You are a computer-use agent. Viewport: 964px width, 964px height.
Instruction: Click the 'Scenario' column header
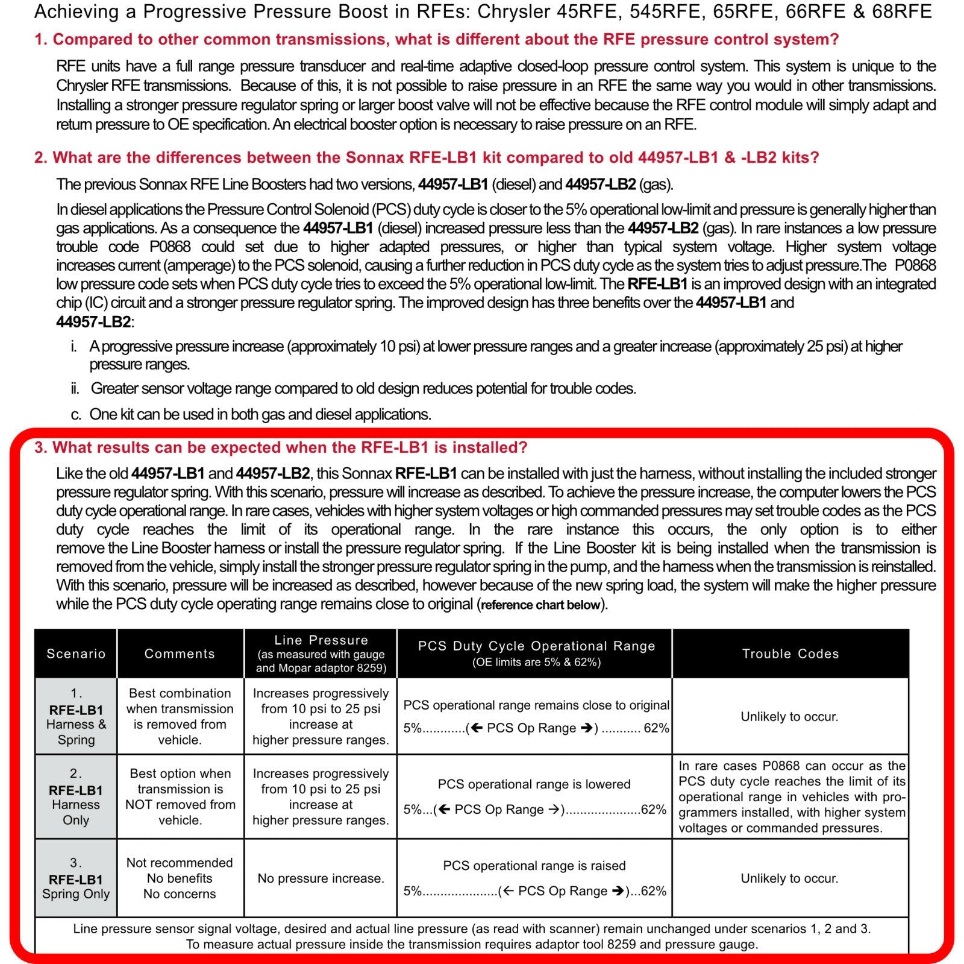[x=76, y=654]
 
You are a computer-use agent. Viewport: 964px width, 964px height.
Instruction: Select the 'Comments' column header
[x=180, y=654]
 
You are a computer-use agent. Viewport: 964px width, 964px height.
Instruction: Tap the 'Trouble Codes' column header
[x=790, y=654]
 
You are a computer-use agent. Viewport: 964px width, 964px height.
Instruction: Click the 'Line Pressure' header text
[x=321, y=640]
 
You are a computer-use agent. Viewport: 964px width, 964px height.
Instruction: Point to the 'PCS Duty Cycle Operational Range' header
[x=536, y=646]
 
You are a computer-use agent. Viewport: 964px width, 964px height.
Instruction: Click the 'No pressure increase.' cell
[x=321, y=878]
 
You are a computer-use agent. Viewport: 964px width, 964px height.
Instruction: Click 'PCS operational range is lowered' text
[x=534, y=784]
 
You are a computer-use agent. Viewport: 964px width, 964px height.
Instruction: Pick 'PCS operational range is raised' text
[x=534, y=866]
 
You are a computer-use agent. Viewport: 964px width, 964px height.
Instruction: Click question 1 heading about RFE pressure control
[x=436, y=40]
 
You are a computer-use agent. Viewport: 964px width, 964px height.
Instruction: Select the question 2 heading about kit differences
[x=427, y=158]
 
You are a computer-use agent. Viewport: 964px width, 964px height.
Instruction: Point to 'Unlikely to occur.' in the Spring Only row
[x=789, y=878]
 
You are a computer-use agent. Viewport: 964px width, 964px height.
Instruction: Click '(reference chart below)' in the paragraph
[x=541, y=605]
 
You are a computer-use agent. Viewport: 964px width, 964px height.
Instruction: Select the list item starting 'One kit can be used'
[x=260, y=415]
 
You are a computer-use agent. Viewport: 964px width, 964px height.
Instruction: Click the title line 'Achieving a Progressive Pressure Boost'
[x=482, y=12]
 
